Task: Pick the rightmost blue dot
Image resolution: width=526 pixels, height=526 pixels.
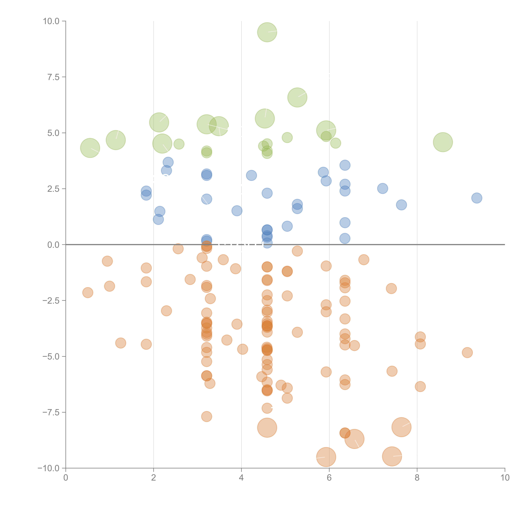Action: pos(477,198)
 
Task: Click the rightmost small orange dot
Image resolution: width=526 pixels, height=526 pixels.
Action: pos(467,353)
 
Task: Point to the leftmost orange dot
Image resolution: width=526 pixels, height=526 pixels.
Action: pos(88,293)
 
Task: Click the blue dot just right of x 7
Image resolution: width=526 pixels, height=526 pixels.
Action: pos(383,188)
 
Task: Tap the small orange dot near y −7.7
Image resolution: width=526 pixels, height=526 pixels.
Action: pos(207,417)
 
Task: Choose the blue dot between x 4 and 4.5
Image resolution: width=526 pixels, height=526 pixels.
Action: pos(251,175)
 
